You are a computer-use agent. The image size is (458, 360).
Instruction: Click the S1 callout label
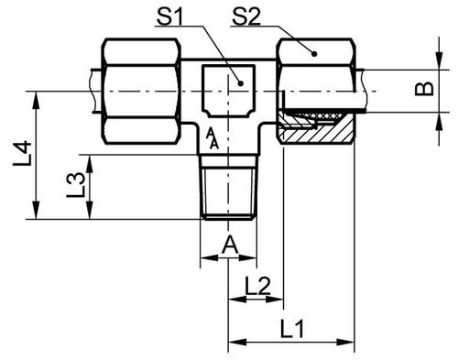pyautogui.click(x=169, y=16)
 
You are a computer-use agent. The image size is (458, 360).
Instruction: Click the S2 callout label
pyautogui.click(x=246, y=16)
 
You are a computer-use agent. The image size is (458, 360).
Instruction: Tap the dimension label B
pyautogui.click(x=424, y=89)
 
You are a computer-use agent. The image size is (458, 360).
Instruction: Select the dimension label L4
pyautogui.click(x=23, y=153)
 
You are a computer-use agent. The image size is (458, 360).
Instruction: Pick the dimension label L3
pyautogui.click(x=75, y=184)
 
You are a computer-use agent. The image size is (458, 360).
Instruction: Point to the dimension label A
pyautogui.click(x=230, y=245)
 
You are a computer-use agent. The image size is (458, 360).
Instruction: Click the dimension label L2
pyautogui.click(x=257, y=286)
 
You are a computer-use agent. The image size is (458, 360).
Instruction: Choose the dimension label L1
pyautogui.click(x=292, y=329)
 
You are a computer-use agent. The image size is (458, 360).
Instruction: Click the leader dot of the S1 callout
pyautogui.click(x=241, y=83)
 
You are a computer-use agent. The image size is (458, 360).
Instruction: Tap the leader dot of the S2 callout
pyautogui.click(x=314, y=54)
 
